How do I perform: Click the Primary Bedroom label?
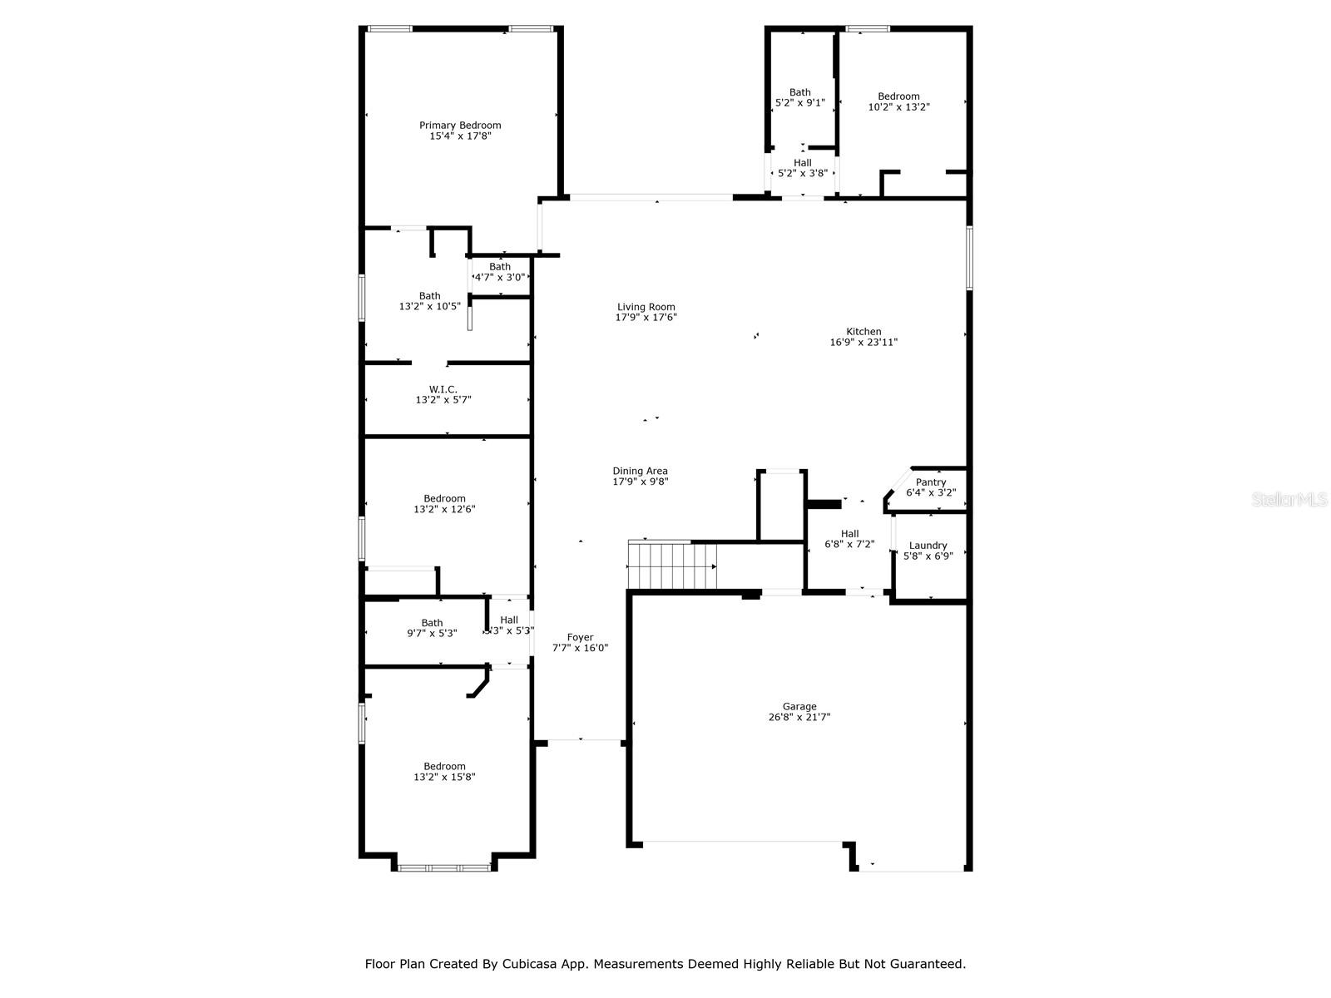pos(460,126)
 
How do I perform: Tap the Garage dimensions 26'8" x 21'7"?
pos(799,717)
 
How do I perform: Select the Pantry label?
pos(931,482)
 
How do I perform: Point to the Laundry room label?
pos(928,546)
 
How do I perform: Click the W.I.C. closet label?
pos(443,389)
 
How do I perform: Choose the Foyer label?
pos(581,637)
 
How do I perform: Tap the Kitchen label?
pos(863,332)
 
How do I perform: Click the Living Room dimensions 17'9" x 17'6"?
pos(646,318)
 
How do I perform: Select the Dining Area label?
pos(641,471)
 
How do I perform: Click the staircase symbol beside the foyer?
pos(672,566)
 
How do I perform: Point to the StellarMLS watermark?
pos(1289,499)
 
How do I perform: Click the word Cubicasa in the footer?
pos(527,963)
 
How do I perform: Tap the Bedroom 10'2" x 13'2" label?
pos(898,96)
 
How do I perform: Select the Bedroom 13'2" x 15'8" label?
pos(444,767)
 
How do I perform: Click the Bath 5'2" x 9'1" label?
pos(799,92)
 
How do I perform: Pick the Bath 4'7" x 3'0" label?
pos(500,267)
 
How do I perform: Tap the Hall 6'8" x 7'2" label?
pos(849,534)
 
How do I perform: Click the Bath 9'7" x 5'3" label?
pos(432,623)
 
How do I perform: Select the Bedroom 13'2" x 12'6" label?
pos(444,499)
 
